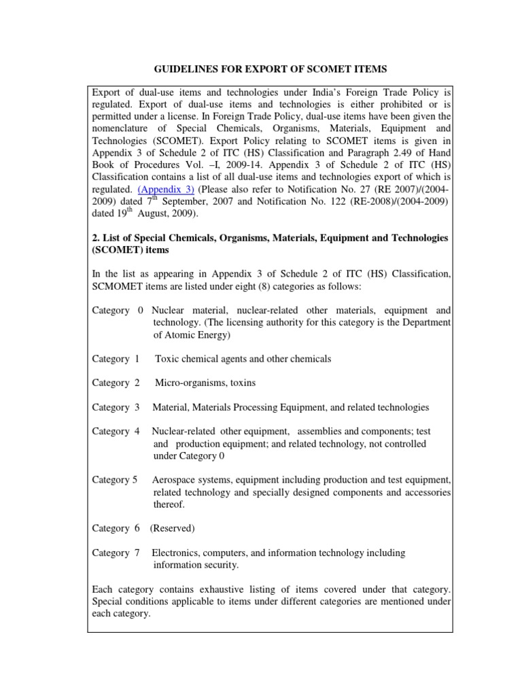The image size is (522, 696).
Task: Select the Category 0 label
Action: click(x=118, y=310)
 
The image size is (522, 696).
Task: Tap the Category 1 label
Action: click(x=116, y=358)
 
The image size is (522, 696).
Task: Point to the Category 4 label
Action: click(x=116, y=431)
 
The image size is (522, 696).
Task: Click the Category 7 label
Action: click(x=116, y=553)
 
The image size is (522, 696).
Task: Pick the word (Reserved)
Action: click(x=173, y=528)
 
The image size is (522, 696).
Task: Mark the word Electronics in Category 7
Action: click(x=177, y=553)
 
